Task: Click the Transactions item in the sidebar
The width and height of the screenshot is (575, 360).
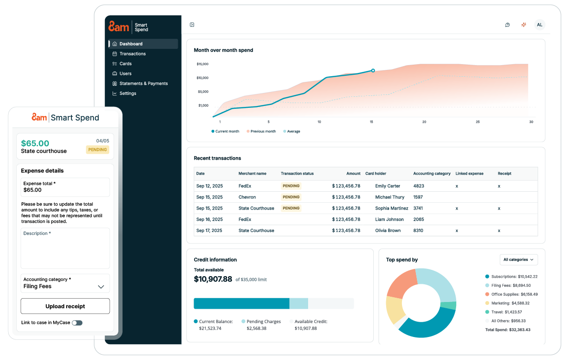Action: click(x=132, y=54)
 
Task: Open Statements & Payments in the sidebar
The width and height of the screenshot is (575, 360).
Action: click(x=143, y=83)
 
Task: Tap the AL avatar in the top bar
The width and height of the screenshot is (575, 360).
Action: click(x=540, y=25)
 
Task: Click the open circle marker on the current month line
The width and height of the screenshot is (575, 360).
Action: click(x=373, y=70)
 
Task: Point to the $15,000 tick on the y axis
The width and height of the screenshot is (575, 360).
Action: click(x=202, y=64)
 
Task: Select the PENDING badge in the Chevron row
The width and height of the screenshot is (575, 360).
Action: click(x=291, y=197)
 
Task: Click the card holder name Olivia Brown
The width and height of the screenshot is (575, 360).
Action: click(x=388, y=231)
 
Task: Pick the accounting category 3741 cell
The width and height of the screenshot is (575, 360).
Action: click(x=418, y=209)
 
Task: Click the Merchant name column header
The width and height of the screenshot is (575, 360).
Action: click(x=252, y=174)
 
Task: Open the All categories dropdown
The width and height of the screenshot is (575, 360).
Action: click(x=518, y=260)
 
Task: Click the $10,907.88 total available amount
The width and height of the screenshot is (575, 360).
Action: click(x=213, y=279)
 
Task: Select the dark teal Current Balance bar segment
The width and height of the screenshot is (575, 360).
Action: click(x=241, y=303)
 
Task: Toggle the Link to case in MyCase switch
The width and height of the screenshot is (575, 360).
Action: click(x=77, y=323)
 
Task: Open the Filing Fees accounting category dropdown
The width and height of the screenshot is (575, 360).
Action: click(x=65, y=283)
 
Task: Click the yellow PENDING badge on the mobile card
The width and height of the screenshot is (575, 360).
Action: click(x=98, y=150)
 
